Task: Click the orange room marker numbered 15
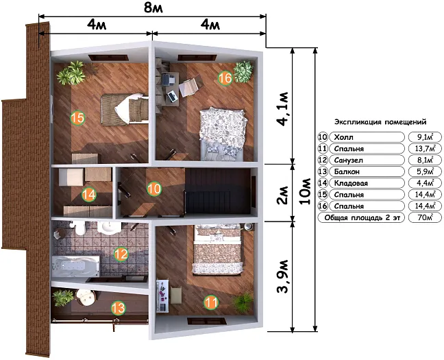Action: [77, 118]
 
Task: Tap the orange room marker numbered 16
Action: [225, 77]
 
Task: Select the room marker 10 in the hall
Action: [154, 189]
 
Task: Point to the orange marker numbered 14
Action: [89, 195]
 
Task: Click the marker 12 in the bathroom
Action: [121, 254]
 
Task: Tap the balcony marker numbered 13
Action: [118, 308]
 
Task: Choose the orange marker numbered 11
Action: [211, 302]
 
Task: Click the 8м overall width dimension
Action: [153, 8]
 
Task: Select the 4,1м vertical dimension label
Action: [283, 108]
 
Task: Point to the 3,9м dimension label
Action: [283, 276]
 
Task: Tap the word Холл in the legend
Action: [343, 137]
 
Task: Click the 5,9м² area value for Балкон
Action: [425, 171]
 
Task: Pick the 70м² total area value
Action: [425, 217]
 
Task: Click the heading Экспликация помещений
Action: [380, 122]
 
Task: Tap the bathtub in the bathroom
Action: [75, 266]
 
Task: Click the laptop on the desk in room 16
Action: [172, 97]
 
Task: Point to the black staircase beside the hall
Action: [217, 191]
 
